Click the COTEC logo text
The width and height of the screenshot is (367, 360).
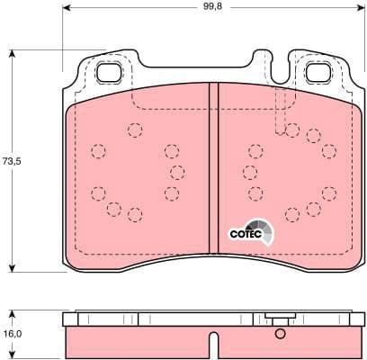point(245,234)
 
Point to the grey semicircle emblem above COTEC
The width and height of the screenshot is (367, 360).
point(259,226)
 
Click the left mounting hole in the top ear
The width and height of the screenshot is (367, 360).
point(110,74)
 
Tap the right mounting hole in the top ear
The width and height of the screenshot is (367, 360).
point(319,74)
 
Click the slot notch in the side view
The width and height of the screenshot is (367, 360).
point(214,346)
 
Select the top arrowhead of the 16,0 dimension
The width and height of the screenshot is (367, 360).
point(12,313)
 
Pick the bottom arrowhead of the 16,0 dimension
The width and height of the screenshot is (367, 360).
point(12,355)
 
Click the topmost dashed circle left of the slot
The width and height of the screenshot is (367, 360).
point(134,130)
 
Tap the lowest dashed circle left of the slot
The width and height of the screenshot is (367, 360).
point(134,214)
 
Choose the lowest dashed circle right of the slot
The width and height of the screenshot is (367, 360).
point(292,214)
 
